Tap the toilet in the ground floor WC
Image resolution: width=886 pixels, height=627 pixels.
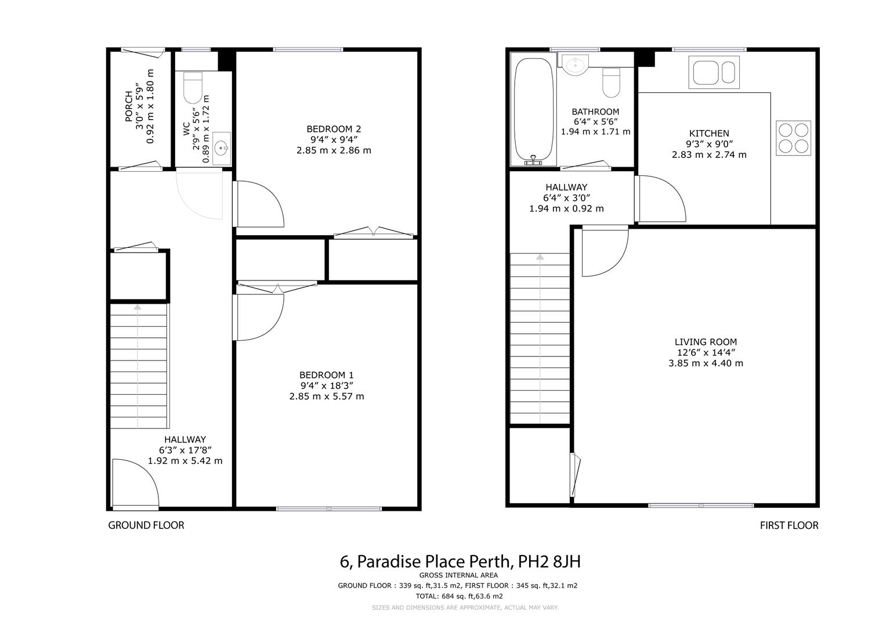coord(193,87)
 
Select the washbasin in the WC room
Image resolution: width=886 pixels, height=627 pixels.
coord(222,149)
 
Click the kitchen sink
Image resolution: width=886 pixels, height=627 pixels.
coord(714,72)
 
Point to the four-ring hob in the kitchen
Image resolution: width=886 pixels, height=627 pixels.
coord(793,138)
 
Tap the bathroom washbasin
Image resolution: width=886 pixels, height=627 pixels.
coord(575,65)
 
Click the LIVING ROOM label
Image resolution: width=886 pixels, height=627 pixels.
coord(706,342)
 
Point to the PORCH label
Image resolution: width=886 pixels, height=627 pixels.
coord(129,106)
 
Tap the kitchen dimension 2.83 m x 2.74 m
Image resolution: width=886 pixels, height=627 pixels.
coord(709,154)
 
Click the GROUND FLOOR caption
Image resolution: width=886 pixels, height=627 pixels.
coord(146,525)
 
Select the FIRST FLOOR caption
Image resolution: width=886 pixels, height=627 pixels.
coord(789,525)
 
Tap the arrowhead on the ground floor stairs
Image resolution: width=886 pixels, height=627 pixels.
coord(138,307)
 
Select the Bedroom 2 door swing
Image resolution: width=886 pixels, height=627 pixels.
coord(258,203)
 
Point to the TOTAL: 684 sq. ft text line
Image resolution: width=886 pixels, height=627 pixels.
coord(458,596)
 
